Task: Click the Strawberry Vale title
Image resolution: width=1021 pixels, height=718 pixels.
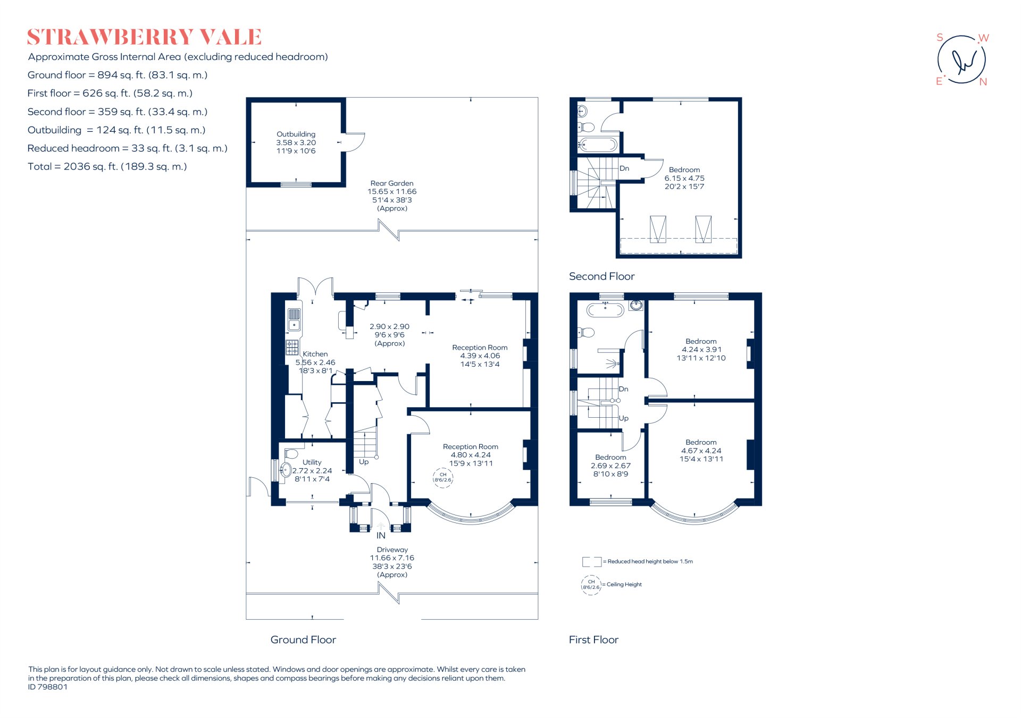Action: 144,37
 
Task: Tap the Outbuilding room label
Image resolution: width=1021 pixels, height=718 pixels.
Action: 296,134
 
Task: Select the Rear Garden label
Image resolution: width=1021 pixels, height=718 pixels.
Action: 392,183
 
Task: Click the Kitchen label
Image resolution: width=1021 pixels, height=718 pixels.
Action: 315,354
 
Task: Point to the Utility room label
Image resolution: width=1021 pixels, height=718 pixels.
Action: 312,462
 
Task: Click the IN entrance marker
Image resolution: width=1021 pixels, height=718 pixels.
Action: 381,536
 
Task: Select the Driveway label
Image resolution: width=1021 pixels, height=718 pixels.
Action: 392,550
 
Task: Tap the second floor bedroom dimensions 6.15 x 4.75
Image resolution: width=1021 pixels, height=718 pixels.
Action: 684,179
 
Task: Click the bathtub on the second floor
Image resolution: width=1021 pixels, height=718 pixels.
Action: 598,145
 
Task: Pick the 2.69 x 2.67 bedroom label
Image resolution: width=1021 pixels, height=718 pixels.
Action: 610,466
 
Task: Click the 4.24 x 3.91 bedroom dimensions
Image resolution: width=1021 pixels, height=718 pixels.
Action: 701,350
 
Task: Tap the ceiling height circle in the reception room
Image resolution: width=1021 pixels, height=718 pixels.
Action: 442,478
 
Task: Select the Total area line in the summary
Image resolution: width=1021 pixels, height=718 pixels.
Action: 107,167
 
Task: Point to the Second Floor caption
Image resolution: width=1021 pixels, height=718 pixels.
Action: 601,276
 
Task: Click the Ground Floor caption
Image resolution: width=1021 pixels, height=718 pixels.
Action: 303,640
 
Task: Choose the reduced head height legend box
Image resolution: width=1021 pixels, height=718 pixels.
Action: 592,562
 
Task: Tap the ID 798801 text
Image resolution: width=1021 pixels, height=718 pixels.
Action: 48,687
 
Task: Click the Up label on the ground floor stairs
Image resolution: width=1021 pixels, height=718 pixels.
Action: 364,462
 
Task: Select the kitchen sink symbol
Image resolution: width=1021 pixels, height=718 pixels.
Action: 294,319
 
